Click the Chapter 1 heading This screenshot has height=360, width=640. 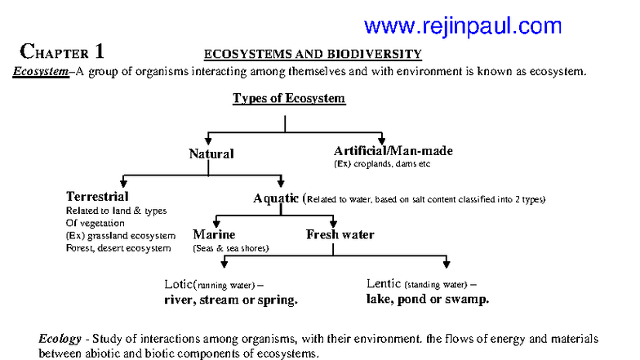(62, 52)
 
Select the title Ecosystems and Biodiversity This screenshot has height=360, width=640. (312, 55)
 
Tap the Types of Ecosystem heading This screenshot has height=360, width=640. (289, 99)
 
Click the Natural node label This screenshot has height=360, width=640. (211, 153)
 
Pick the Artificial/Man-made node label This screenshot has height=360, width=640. (393, 151)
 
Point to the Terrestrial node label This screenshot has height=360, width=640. (97, 197)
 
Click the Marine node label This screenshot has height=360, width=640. (214, 235)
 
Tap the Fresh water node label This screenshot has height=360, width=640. (340, 235)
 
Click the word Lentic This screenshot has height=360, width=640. (384, 284)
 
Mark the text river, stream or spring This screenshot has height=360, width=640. (231, 300)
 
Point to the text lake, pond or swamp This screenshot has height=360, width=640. (428, 300)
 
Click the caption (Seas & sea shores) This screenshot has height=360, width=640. (230, 248)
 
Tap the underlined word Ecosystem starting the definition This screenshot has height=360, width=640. (39, 71)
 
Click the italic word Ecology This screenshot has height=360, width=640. (60, 338)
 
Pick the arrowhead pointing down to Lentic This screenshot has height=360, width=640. (446, 263)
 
